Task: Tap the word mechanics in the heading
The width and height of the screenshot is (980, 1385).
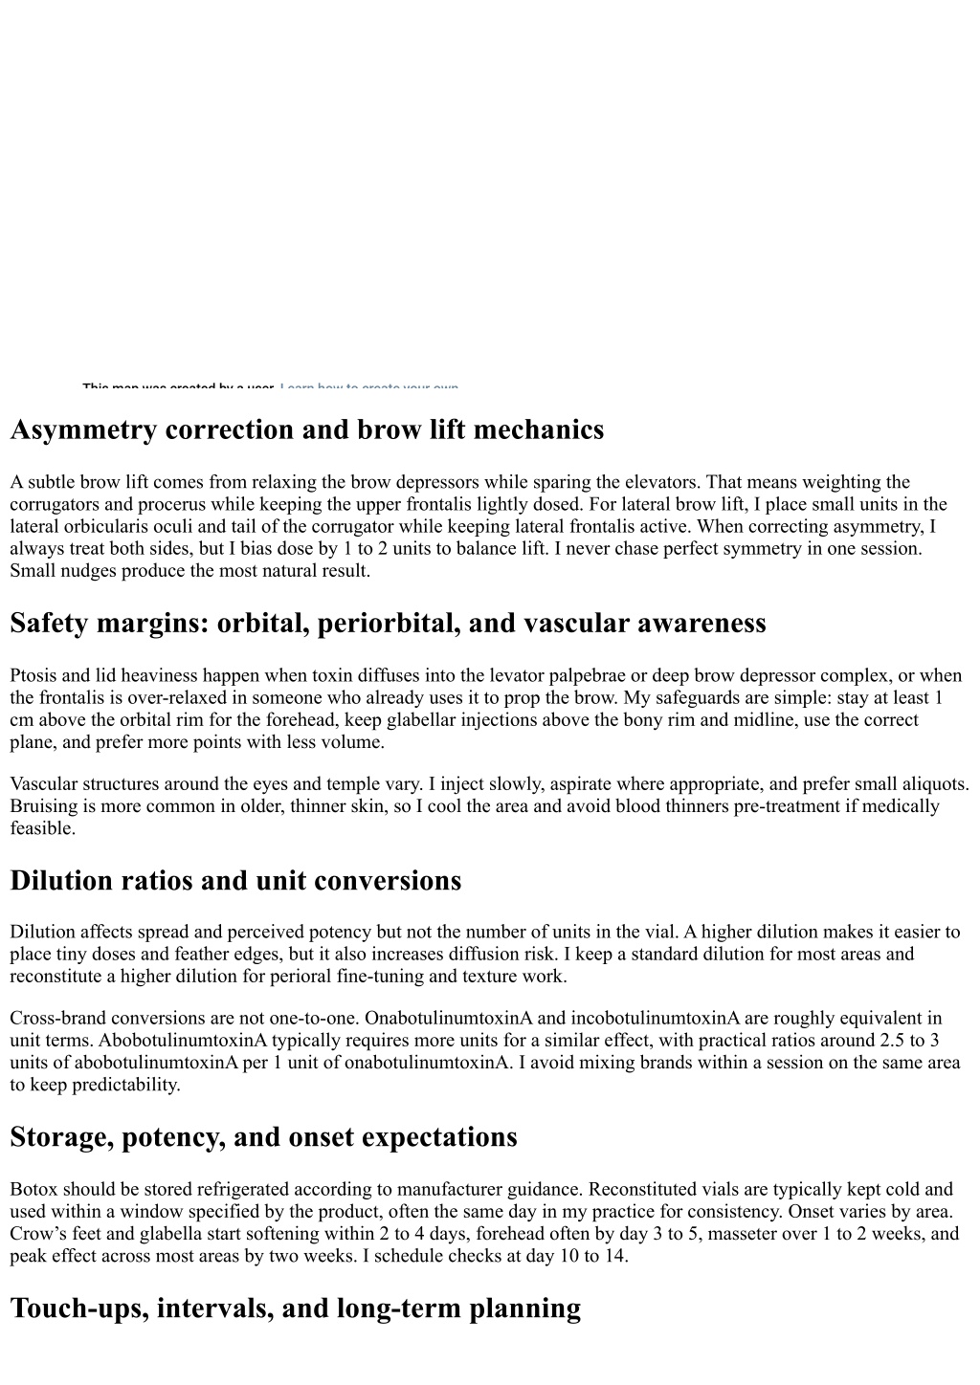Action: [538, 430]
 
